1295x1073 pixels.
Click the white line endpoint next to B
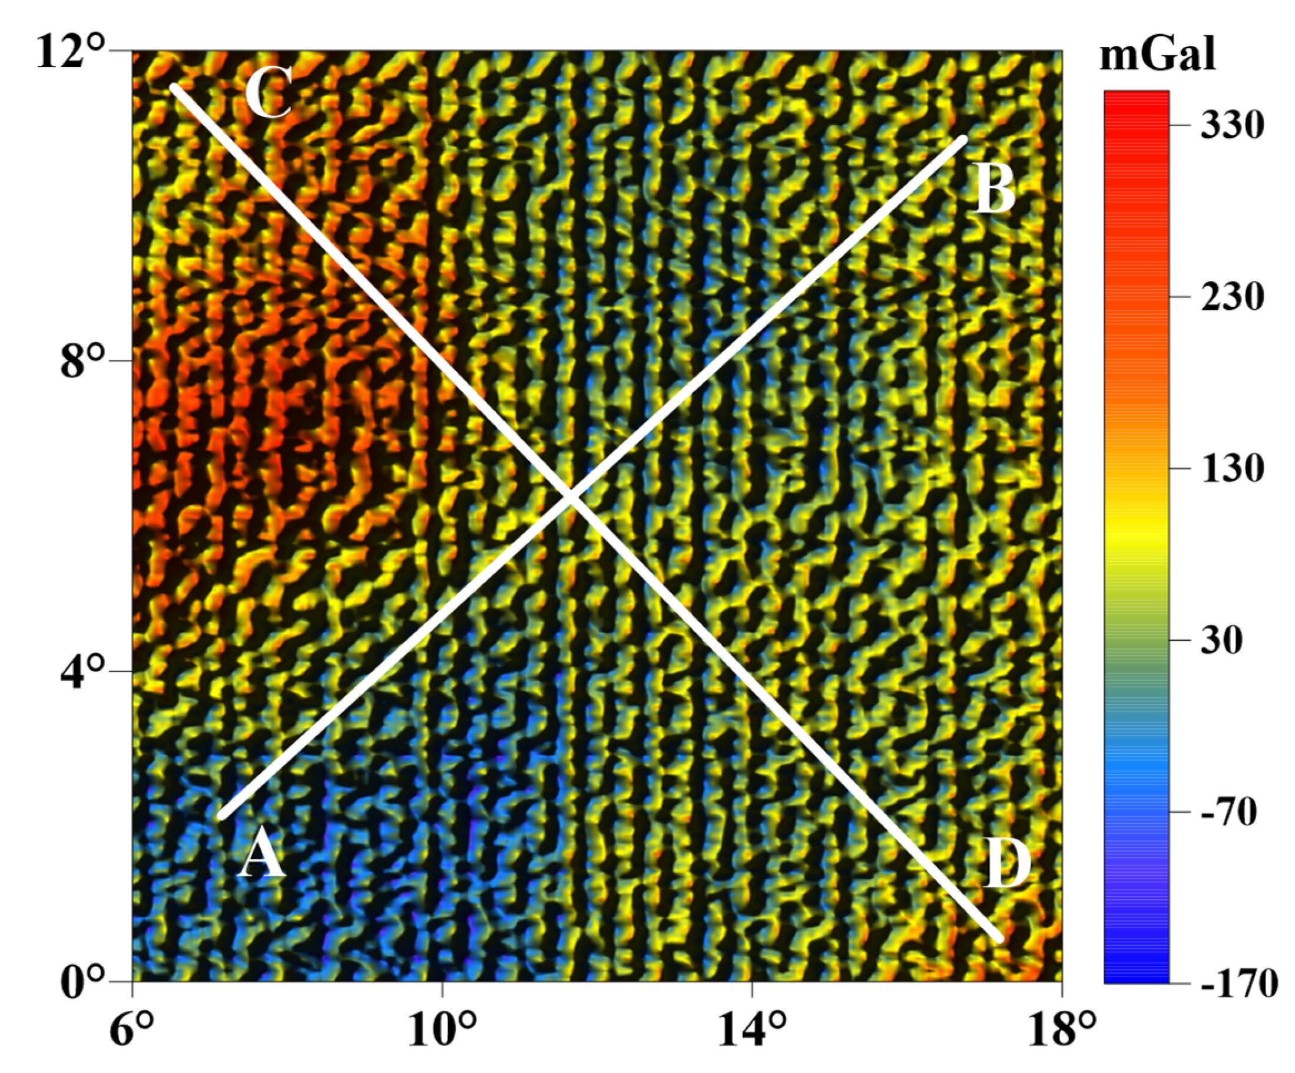point(964,139)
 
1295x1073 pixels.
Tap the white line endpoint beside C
point(174,87)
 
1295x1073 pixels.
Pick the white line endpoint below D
point(999,938)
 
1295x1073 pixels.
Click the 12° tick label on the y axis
point(69,52)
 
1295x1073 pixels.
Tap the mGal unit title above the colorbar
point(1157,54)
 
